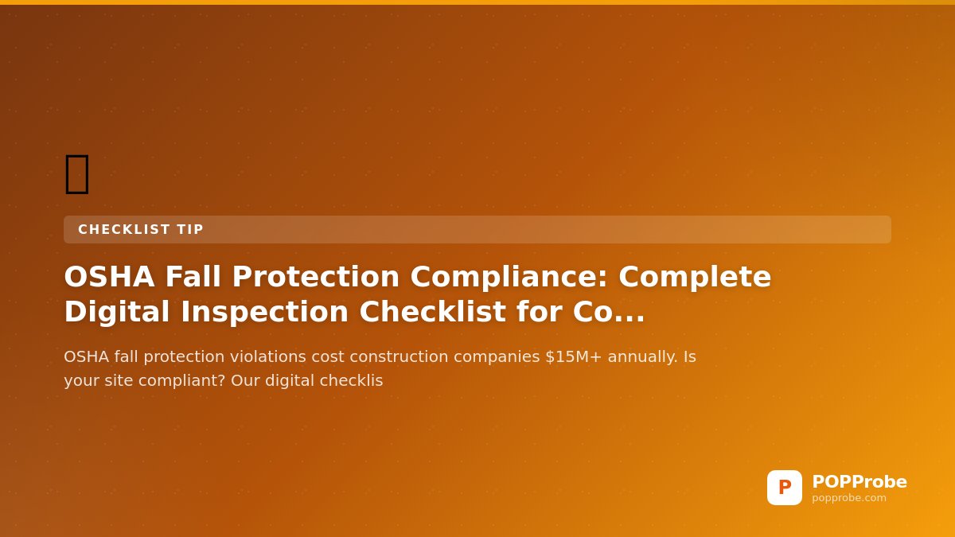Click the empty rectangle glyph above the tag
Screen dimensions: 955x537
click(x=77, y=174)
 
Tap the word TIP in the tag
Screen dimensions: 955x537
click(x=190, y=229)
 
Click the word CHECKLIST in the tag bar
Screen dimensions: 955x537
click(x=124, y=229)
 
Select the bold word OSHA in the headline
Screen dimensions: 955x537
click(x=109, y=277)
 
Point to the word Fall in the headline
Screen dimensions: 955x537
click(x=193, y=277)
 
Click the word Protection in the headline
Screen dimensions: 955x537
click(x=316, y=277)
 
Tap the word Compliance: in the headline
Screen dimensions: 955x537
click(x=509, y=278)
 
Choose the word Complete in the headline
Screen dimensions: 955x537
click(x=695, y=278)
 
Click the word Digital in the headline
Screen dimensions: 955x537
click(x=117, y=312)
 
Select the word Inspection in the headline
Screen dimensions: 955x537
click(x=265, y=312)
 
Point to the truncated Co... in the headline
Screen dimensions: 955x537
click(x=609, y=312)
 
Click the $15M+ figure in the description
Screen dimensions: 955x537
click(x=574, y=356)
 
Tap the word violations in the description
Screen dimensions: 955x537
click(x=267, y=356)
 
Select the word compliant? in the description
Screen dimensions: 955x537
click(x=182, y=381)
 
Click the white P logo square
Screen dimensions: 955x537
click(x=785, y=488)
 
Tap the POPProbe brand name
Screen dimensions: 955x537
click(x=859, y=481)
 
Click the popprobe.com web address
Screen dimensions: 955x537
click(x=849, y=498)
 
